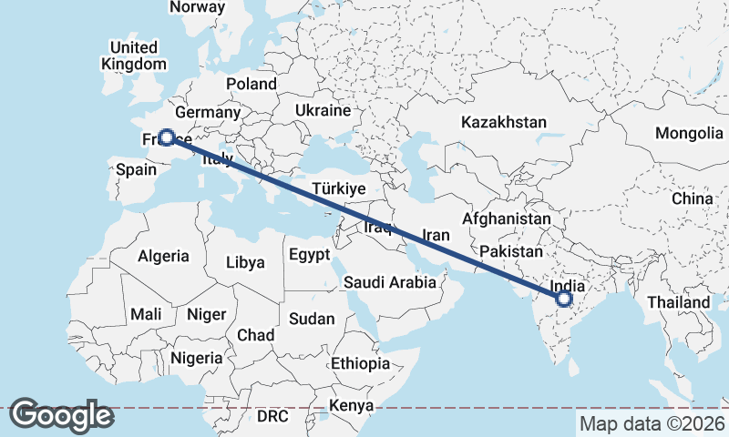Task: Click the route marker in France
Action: coord(167,137)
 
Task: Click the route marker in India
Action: coord(564,299)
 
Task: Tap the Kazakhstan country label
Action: coord(503,122)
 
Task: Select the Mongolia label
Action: coord(688,134)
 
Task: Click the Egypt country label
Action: coord(310,255)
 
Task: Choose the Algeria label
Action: coord(164,256)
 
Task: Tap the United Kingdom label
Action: coord(134,56)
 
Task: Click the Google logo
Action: coord(61,415)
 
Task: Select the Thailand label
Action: coord(678,302)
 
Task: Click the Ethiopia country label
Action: coord(360,363)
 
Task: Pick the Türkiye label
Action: coord(338,188)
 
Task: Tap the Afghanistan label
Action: coord(506,219)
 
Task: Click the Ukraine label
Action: coord(322,110)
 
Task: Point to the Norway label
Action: coord(197,7)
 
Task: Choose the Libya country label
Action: coord(246,262)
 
